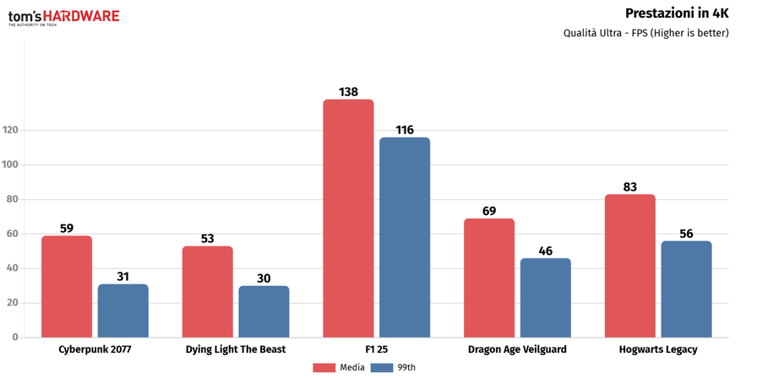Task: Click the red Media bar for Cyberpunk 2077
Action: pyautogui.click(x=67, y=286)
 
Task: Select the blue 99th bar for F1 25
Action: pyautogui.click(x=405, y=237)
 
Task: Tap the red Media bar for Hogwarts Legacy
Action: pyautogui.click(x=630, y=266)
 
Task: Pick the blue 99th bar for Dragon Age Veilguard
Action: pyautogui.click(x=546, y=298)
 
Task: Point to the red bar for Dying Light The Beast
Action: pyautogui.click(x=207, y=292)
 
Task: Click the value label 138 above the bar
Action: pyautogui.click(x=348, y=91)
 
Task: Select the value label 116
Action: pyautogui.click(x=405, y=129)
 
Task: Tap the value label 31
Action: pyautogui.click(x=123, y=276)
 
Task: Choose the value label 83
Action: pyautogui.click(x=630, y=186)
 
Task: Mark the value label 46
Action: pyautogui.click(x=546, y=250)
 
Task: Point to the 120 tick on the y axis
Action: pyautogui.click(x=12, y=131)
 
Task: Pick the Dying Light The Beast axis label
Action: pyautogui.click(x=236, y=349)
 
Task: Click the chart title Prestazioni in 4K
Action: pyautogui.click(x=677, y=13)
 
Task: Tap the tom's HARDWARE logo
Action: pyautogui.click(x=63, y=16)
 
